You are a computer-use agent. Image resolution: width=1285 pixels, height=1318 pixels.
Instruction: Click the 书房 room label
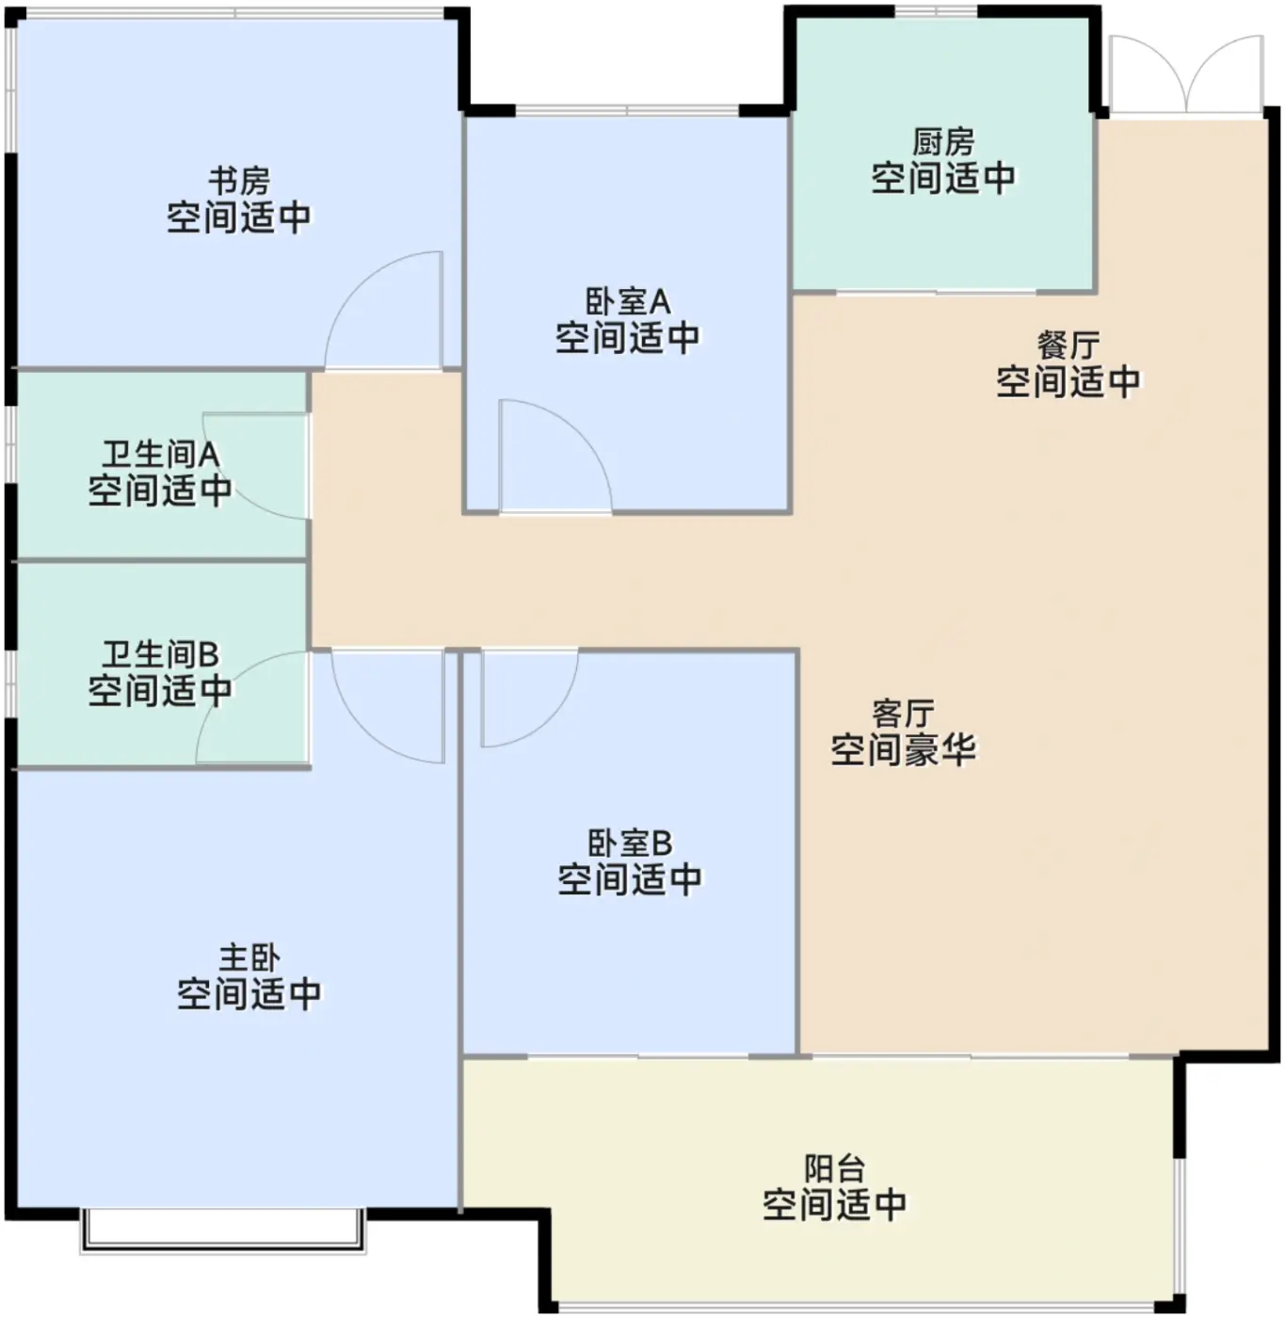(239, 181)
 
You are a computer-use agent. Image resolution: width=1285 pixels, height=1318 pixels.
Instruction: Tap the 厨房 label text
(943, 142)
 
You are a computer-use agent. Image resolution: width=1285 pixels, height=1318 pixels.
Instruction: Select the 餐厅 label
(1068, 346)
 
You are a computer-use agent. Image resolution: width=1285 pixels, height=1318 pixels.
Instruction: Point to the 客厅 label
(903, 714)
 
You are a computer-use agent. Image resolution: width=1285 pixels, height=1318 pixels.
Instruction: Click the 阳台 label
(834, 1168)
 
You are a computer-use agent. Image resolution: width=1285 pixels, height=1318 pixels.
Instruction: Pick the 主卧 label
(249, 958)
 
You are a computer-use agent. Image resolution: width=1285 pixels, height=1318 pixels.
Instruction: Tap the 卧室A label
(628, 301)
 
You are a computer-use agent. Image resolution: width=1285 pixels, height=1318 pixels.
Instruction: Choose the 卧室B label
(629, 844)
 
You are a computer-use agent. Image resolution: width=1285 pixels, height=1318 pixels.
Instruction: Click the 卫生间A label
(161, 454)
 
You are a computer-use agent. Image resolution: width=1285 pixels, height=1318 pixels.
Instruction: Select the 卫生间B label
(161, 654)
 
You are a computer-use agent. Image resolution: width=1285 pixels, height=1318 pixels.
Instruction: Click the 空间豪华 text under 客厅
(903, 749)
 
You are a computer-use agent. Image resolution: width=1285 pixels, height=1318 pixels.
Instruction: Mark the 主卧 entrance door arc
(359, 728)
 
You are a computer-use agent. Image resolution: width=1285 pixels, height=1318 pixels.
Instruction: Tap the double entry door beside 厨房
(1187, 74)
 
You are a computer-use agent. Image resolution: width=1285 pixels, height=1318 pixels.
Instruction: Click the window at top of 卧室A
(627, 110)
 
